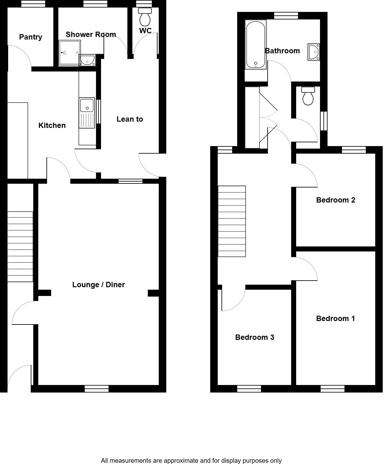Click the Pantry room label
pos(30,37)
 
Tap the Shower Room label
pos(91,34)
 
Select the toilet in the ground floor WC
pos(145,17)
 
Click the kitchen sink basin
pos(87,105)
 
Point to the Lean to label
pos(130,119)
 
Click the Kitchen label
pos(52,125)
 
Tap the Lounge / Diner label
pos(99,285)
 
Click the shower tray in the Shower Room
pos(69,53)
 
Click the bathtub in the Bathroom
pos(256,45)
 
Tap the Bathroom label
pos(282,51)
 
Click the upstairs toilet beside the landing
pos(308,96)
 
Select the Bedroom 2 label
pos(335,200)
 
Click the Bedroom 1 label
pos(335,319)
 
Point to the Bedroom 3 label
pos(254,337)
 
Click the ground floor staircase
pos(20,246)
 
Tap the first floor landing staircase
pos(232,221)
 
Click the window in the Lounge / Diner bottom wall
pos(97,389)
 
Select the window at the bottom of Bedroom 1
pos(333,389)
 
